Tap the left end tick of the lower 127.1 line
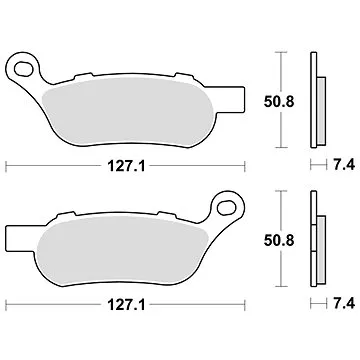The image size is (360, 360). [7, 300]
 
